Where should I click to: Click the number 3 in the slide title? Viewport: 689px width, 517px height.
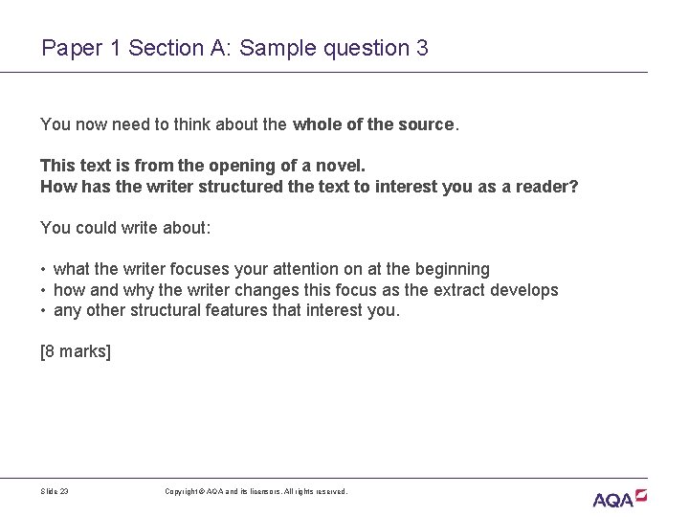pos(422,47)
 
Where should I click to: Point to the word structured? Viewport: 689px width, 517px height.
pos(236,186)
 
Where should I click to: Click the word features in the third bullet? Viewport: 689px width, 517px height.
pos(241,310)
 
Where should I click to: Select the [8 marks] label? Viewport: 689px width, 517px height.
pos(76,351)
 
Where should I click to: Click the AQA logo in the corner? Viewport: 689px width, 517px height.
pos(619,497)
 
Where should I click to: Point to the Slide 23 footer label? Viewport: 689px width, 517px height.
pos(55,491)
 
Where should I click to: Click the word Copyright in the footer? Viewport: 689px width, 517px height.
pos(182,491)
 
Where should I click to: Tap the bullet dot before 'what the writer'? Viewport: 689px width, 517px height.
pos(44,270)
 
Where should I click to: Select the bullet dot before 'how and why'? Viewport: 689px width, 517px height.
pos(44,290)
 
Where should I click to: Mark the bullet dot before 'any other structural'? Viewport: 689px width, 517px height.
pos(44,311)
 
